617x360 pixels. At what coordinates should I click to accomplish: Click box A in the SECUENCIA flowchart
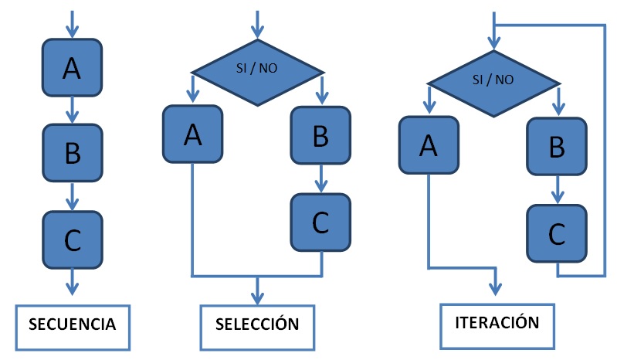[x=72, y=68]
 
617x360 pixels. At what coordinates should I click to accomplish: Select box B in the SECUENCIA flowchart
[x=72, y=154]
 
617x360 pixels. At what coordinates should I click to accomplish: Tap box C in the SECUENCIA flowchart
[x=72, y=239]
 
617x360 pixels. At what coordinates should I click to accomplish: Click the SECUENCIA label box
[x=73, y=324]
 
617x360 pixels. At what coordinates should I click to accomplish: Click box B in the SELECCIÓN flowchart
[x=320, y=134]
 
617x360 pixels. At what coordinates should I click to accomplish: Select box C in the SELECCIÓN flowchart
[x=320, y=222]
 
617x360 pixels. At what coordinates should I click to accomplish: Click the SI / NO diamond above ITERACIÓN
[x=493, y=80]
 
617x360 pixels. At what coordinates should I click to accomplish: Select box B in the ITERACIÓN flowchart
[x=557, y=145]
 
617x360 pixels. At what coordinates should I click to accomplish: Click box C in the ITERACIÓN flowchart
[x=557, y=233]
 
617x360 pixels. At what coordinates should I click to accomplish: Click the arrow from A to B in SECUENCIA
[x=72, y=110]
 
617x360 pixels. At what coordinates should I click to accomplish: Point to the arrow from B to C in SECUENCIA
[x=72, y=196]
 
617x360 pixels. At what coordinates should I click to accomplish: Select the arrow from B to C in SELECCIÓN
[x=320, y=178]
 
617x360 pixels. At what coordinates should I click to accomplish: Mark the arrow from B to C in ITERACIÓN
[x=557, y=188]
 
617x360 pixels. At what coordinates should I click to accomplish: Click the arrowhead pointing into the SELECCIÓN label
[x=257, y=297]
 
